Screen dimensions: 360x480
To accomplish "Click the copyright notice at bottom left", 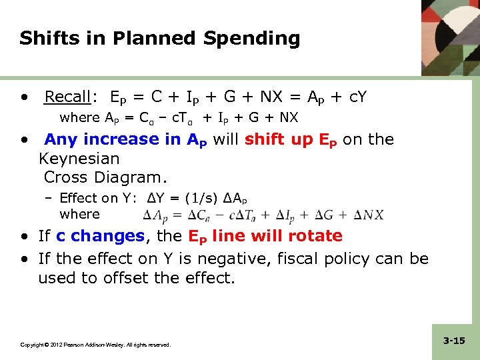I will pyautogui.click(x=95, y=345).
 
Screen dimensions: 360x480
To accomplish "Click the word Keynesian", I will pyautogui.click(x=79, y=159).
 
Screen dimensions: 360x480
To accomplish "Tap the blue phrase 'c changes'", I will pyautogui.click(x=100, y=236).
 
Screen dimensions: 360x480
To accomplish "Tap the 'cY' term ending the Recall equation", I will pyautogui.click(x=357, y=97).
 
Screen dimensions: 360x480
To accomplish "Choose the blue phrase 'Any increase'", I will pyautogui.click(x=97, y=139).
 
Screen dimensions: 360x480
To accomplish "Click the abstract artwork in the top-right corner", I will pyautogui.click(x=450, y=37).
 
